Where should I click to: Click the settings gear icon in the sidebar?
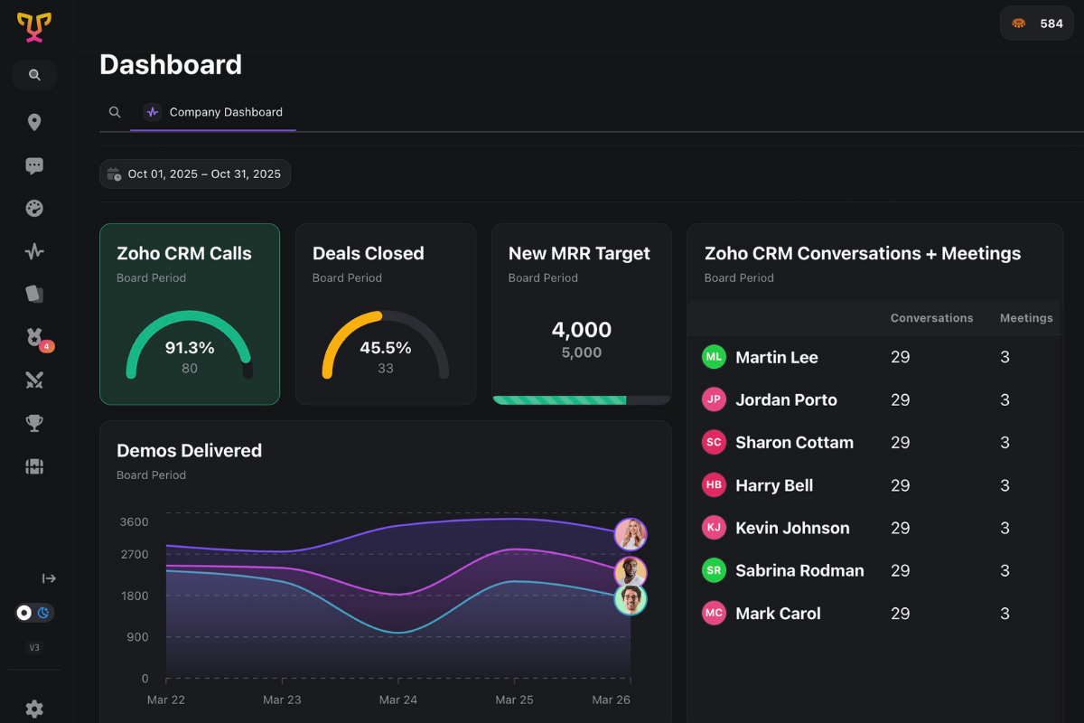[x=34, y=709]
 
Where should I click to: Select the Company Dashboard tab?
[x=213, y=112]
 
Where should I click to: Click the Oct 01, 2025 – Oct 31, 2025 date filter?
[x=195, y=174]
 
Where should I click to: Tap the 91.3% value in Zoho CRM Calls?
[x=190, y=348]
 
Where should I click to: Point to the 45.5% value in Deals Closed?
[x=386, y=348]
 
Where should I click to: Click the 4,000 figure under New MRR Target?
[x=582, y=330]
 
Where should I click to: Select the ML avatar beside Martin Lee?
[x=714, y=357]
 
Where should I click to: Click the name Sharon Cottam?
[x=794, y=443]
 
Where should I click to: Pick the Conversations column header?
[x=931, y=318]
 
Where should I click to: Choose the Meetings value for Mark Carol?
[x=1005, y=614]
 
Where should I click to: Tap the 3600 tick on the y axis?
[x=134, y=522]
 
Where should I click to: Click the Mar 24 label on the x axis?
[x=398, y=700]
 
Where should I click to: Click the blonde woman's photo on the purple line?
[x=631, y=534]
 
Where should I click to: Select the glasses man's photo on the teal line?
[x=631, y=599]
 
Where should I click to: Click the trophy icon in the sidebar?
[x=34, y=423]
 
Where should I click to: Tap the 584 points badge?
[x=1036, y=23]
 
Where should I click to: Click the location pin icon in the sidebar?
[x=34, y=123]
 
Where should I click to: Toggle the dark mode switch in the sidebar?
[x=34, y=613]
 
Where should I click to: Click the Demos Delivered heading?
[x=189, y=451]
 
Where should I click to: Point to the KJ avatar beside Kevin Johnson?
[x=714, y=528]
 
